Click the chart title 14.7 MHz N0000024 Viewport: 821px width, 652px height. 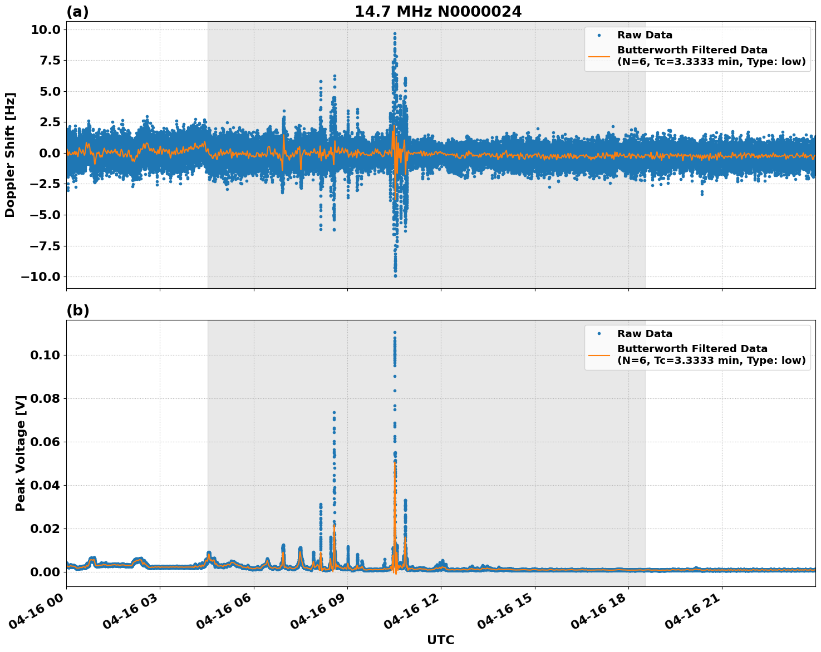tap(438, 12)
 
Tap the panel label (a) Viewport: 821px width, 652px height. tap(77, 12)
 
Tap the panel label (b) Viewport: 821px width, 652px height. tap(77, 310)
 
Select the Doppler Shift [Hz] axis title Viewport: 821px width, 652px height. tap(10, 155)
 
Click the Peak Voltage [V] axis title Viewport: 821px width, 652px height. tap(21, 465)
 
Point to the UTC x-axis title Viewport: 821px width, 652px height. tap(440, 640)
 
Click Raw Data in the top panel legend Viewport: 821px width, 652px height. tap(645, 36)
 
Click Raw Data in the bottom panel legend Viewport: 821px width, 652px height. tap(645, 334)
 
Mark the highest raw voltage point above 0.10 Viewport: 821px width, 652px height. tap(395, 333)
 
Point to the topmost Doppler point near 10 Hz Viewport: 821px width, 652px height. tap(395, 33)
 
